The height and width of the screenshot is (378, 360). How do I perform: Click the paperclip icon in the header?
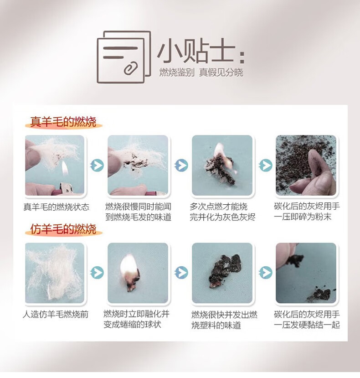coord(131,68)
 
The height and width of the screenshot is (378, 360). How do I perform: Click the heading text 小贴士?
coord(196,52)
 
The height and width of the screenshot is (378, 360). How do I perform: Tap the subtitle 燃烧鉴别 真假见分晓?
coord(201,72)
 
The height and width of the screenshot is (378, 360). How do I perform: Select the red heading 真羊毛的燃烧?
coord(63,122)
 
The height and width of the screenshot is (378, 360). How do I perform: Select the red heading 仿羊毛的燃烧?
coord(63,229)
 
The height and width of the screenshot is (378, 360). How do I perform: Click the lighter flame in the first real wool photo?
coord(65,168)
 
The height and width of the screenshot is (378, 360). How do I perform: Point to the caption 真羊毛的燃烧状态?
coord(56,207)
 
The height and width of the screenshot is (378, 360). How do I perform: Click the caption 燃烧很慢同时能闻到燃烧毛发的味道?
coord(139,212)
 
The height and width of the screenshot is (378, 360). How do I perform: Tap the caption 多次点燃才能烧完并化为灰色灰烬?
coord(222,212)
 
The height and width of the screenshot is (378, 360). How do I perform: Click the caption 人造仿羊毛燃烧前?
coord(56,314)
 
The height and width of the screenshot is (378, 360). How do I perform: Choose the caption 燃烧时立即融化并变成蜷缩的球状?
coord(137,319)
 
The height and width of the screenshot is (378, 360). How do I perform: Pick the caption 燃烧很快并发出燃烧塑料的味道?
coord(224,320)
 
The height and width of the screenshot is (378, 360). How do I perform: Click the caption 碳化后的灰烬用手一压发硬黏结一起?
coord(307,320)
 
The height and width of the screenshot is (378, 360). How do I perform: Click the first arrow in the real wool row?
coord(97,166)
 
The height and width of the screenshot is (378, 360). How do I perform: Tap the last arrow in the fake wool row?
coord(266,273)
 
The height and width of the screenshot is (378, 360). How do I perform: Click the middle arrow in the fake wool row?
coord(181,273)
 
